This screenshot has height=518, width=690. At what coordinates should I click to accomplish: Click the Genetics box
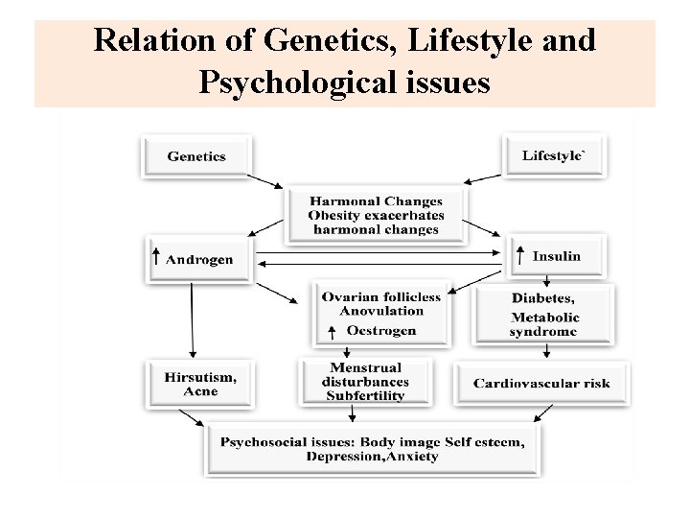click(196, 156)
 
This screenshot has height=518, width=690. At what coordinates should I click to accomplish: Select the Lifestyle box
click(553, 155)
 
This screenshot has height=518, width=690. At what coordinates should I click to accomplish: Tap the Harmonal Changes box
click(376, 215)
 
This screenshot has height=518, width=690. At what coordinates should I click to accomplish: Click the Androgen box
click(198, 258)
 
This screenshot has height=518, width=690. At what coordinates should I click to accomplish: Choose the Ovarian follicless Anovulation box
click(380, 313)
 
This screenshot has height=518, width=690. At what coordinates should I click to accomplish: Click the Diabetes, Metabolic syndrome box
click(543, 313)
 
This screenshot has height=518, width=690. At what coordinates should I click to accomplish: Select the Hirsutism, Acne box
click(199, 383)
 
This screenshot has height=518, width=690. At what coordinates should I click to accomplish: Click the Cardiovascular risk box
click(541, 383)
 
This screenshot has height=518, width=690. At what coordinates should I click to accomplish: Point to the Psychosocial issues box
click(373, 449)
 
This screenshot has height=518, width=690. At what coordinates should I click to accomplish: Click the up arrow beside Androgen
click(156, 257)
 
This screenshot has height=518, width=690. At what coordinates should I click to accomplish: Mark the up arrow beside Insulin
click(519, 255)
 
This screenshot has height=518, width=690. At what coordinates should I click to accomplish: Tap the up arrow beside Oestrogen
click(331, 331)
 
